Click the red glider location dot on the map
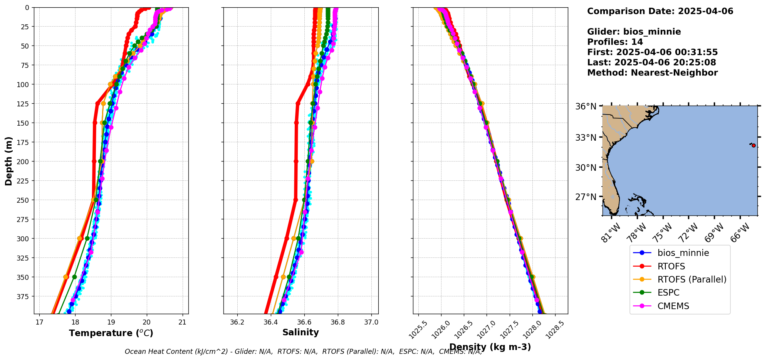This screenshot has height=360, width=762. [754, 145]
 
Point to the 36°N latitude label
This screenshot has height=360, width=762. [586, 106]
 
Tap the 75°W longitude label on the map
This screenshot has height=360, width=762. [663, 232]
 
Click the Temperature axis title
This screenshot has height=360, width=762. [111, 333]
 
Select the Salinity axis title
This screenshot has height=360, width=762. [300, 332]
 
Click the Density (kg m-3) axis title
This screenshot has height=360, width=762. [490, 347]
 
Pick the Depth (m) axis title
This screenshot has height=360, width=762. [8, 161]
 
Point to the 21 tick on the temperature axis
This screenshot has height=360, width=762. [183, 322]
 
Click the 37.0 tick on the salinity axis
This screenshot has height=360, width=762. [371, 322]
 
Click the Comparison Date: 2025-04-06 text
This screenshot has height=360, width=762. [660, 11]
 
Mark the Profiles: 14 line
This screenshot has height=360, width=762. [615, 42]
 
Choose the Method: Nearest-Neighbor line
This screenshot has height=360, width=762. [652, 73]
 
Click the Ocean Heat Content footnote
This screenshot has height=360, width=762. [303, 352]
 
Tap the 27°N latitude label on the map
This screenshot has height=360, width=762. [586, 197]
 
